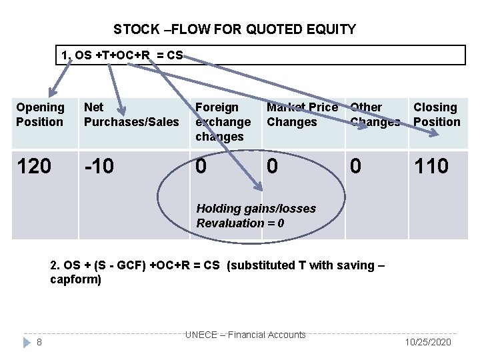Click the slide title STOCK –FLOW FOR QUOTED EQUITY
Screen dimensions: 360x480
pyautogui.click(x=234, y=29)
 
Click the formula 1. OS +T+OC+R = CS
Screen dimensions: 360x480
pyautogui.click(x=121, y=55)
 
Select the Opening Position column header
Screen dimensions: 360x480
pyautogui.click(x=40, y=115)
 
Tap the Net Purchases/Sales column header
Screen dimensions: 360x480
pyautogui.click(x=131, y=115)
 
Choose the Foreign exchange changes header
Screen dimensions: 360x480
pyautogui.click(x=223, y=122)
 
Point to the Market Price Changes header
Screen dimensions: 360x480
pyautogui.click(x=302, y=115)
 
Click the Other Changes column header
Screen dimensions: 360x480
pyautogui.click(x=375, y=115)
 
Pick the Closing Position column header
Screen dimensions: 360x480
pyautogui.click(x=437, y=115)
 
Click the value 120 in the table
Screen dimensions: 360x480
pyautogui.click(x=34, y=166)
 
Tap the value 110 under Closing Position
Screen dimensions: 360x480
pyautogui.click(x=431, y=166)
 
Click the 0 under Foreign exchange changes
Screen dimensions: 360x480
pyautogui.click(x=201, y=166)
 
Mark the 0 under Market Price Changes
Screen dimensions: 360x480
pyautogui.click(x=273, y=166)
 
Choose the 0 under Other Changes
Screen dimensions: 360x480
pyautogui.click(x=356, y=166)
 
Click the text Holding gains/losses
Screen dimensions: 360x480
pyautogui.click(x=256, y=209)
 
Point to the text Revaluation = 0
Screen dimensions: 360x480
pyautogui.click(x=240, y=223)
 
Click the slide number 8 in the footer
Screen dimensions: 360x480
pyautogui.click(x=40, y=342)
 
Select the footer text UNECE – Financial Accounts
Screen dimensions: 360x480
pyautogui.click(x=245, y=335)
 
